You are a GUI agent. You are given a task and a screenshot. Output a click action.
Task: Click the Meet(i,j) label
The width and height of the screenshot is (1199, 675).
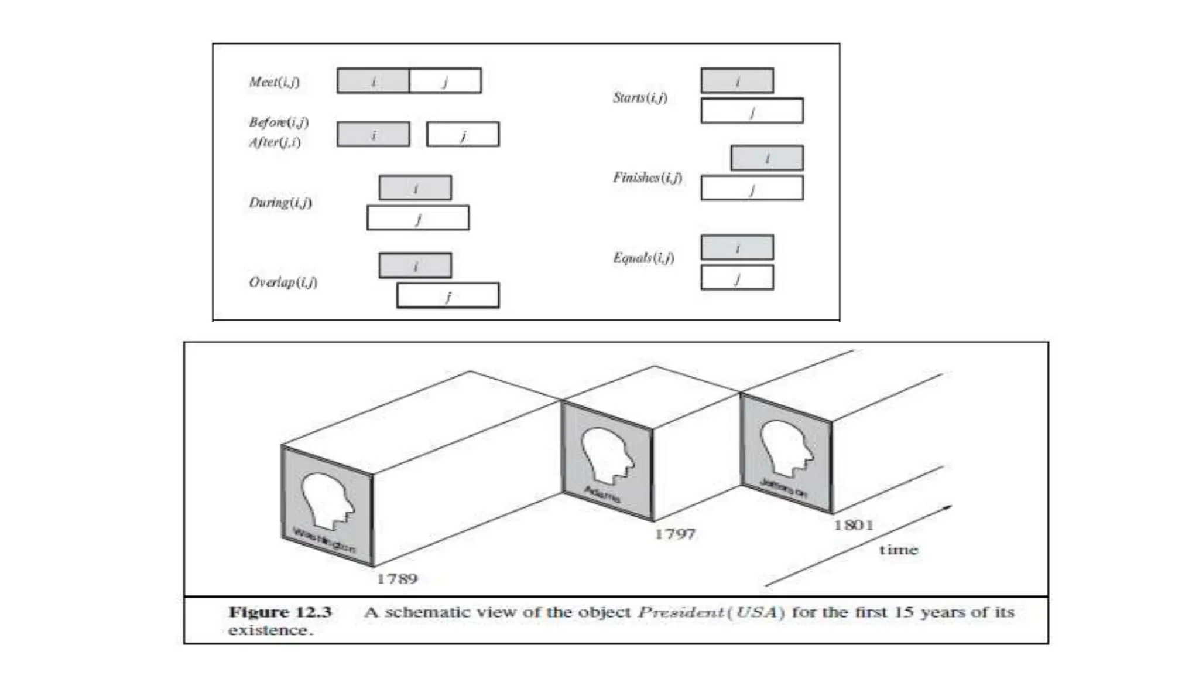pyautogui.click(x=274, y=81)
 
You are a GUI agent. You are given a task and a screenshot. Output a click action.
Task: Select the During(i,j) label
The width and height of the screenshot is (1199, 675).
pyautogui.click(x=280, y=203)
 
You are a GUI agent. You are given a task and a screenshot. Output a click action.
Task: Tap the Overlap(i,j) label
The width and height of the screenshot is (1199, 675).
pyautogui.click(x=283, y=282)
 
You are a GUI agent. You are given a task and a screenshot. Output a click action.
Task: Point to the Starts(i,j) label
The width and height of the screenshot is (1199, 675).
pyautogui.click(x=640, y=98)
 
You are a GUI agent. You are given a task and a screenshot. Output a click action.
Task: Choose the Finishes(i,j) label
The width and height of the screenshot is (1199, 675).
pyautogui.click(x=648, y=178)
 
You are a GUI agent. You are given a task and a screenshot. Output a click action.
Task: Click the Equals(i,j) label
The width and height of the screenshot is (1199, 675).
pyautogui.click(x=643, y=258)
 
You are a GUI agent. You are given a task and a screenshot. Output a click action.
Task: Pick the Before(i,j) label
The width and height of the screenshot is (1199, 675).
pyautogui.click(x=279, y=122)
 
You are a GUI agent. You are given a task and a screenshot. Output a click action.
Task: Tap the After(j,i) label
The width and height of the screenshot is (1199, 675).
pyautogui.click(x=275, y=142)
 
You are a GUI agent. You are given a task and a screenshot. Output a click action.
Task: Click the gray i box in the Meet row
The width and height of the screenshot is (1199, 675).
pyautogui.click(x=373, y=81)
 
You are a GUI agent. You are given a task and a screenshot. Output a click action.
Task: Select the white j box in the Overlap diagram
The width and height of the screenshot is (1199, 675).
pyautogui.click(x=448, y=295)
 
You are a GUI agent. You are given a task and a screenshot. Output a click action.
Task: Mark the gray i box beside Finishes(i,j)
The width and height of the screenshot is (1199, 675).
pyautogui.click(x=767, y=158)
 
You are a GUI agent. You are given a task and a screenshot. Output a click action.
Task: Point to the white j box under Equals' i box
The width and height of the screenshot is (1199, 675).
pyautogui.click(x=737, y=278)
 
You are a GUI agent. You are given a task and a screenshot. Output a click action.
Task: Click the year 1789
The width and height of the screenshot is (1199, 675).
pyautogui.click(x=397, y=579)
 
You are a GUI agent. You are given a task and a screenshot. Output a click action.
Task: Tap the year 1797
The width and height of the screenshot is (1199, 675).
pyautogui.click(x=674, y=534)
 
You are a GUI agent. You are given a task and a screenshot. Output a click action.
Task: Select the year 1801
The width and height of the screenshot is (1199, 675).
pyautogui.click(x=854, y=525)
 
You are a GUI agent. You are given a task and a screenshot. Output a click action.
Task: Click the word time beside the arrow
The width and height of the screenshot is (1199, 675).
pyautogui.click(x=898, y=550)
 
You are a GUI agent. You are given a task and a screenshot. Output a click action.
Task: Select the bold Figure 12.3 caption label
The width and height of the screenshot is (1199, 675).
pyautogui.click(x=280, y=612)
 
